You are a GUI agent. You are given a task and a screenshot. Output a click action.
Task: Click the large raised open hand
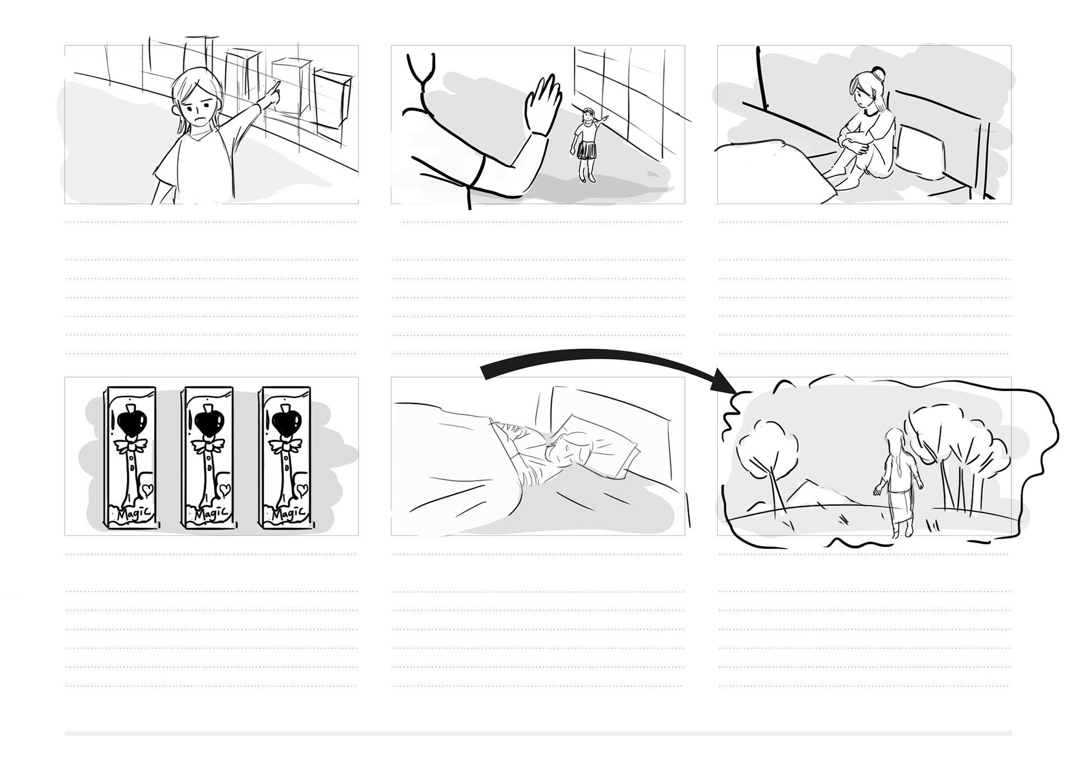click(543, 104)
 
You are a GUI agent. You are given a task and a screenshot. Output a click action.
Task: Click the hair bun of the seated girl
click(879, 73)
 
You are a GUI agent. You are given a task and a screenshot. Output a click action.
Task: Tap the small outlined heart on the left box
click(147, 490)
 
